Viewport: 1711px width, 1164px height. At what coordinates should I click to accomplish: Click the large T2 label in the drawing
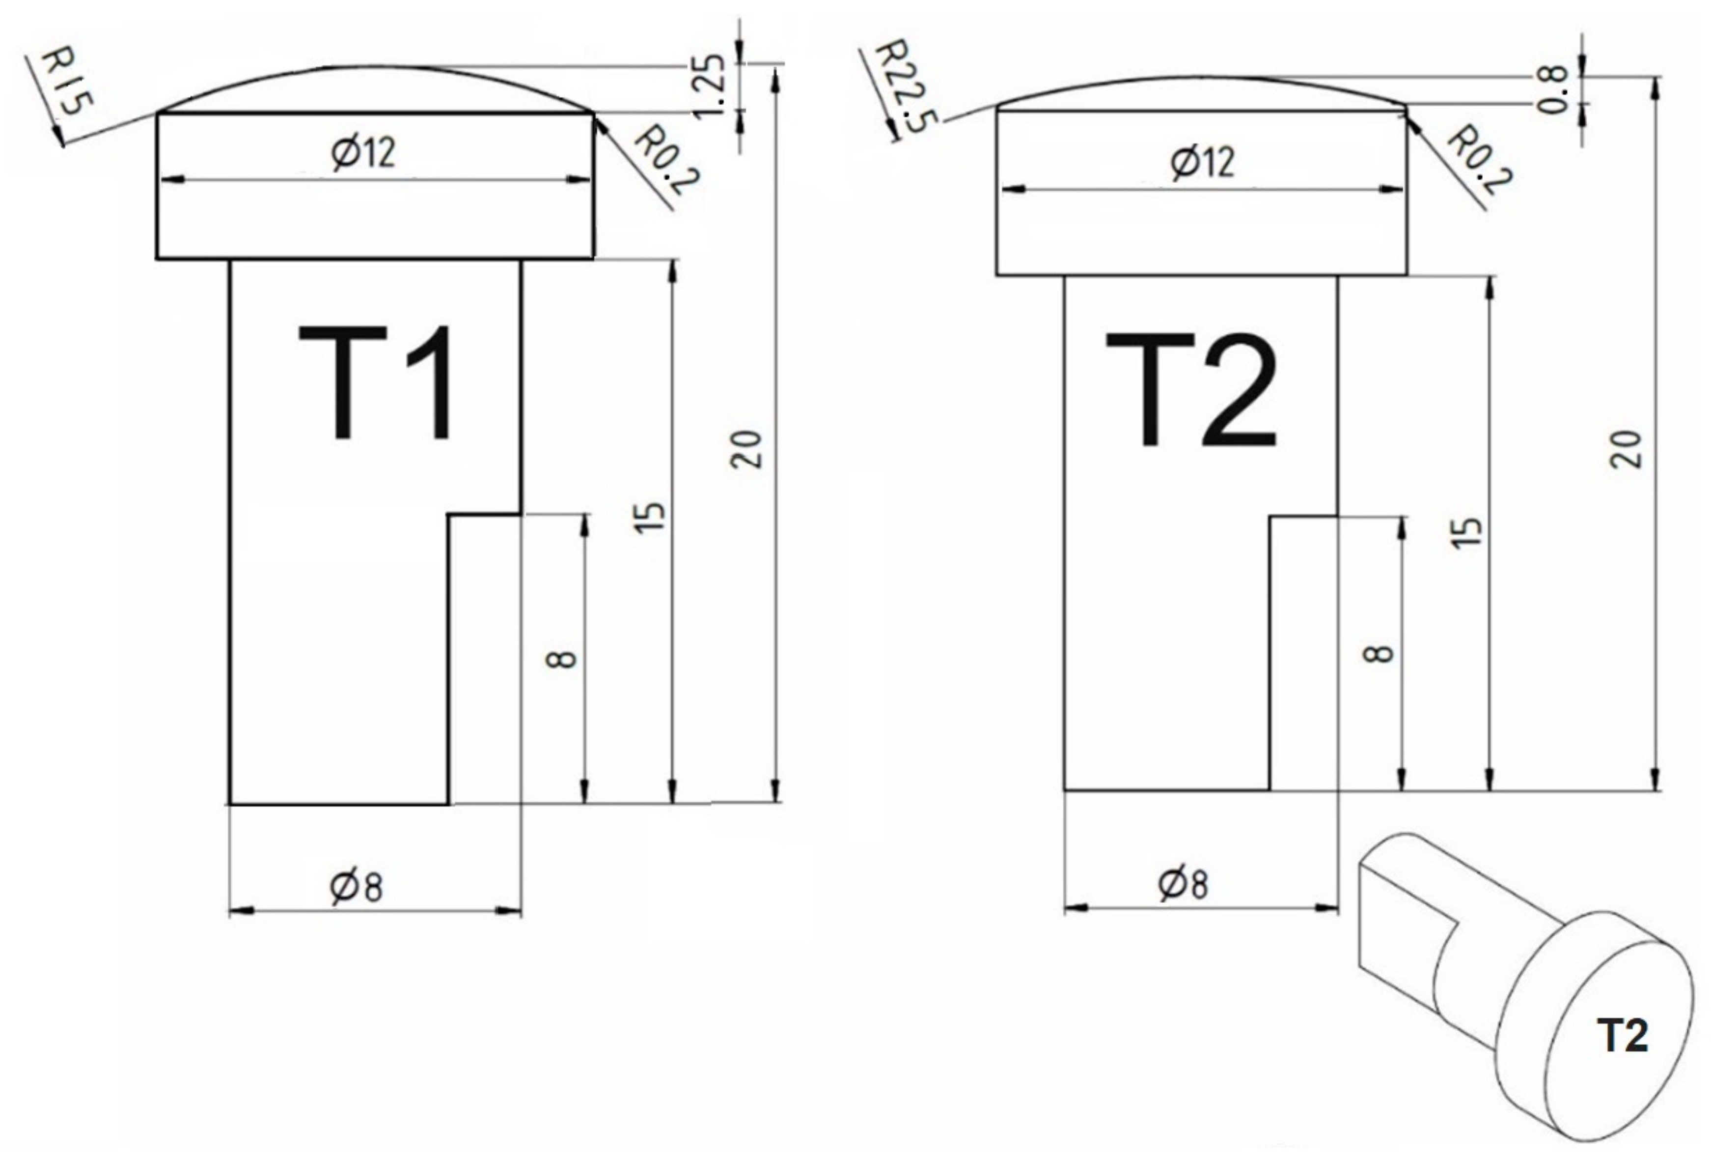click(x=1191, y=390)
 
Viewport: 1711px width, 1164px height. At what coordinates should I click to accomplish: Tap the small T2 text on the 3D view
click(x=1622, y=1035)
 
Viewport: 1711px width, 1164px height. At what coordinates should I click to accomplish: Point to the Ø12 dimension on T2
click(x=1202, y=162)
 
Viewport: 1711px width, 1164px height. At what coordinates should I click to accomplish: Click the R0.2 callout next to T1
click(x=666, y=161)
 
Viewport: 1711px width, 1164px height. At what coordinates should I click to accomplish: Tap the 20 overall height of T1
click(x=746, y=449)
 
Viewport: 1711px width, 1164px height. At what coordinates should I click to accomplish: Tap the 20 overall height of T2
click(x=1625, y=449)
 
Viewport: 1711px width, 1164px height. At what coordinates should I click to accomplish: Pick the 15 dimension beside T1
click(x=649, y=517)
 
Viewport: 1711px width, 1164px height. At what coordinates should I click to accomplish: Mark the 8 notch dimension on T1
click(x=562, y=658)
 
